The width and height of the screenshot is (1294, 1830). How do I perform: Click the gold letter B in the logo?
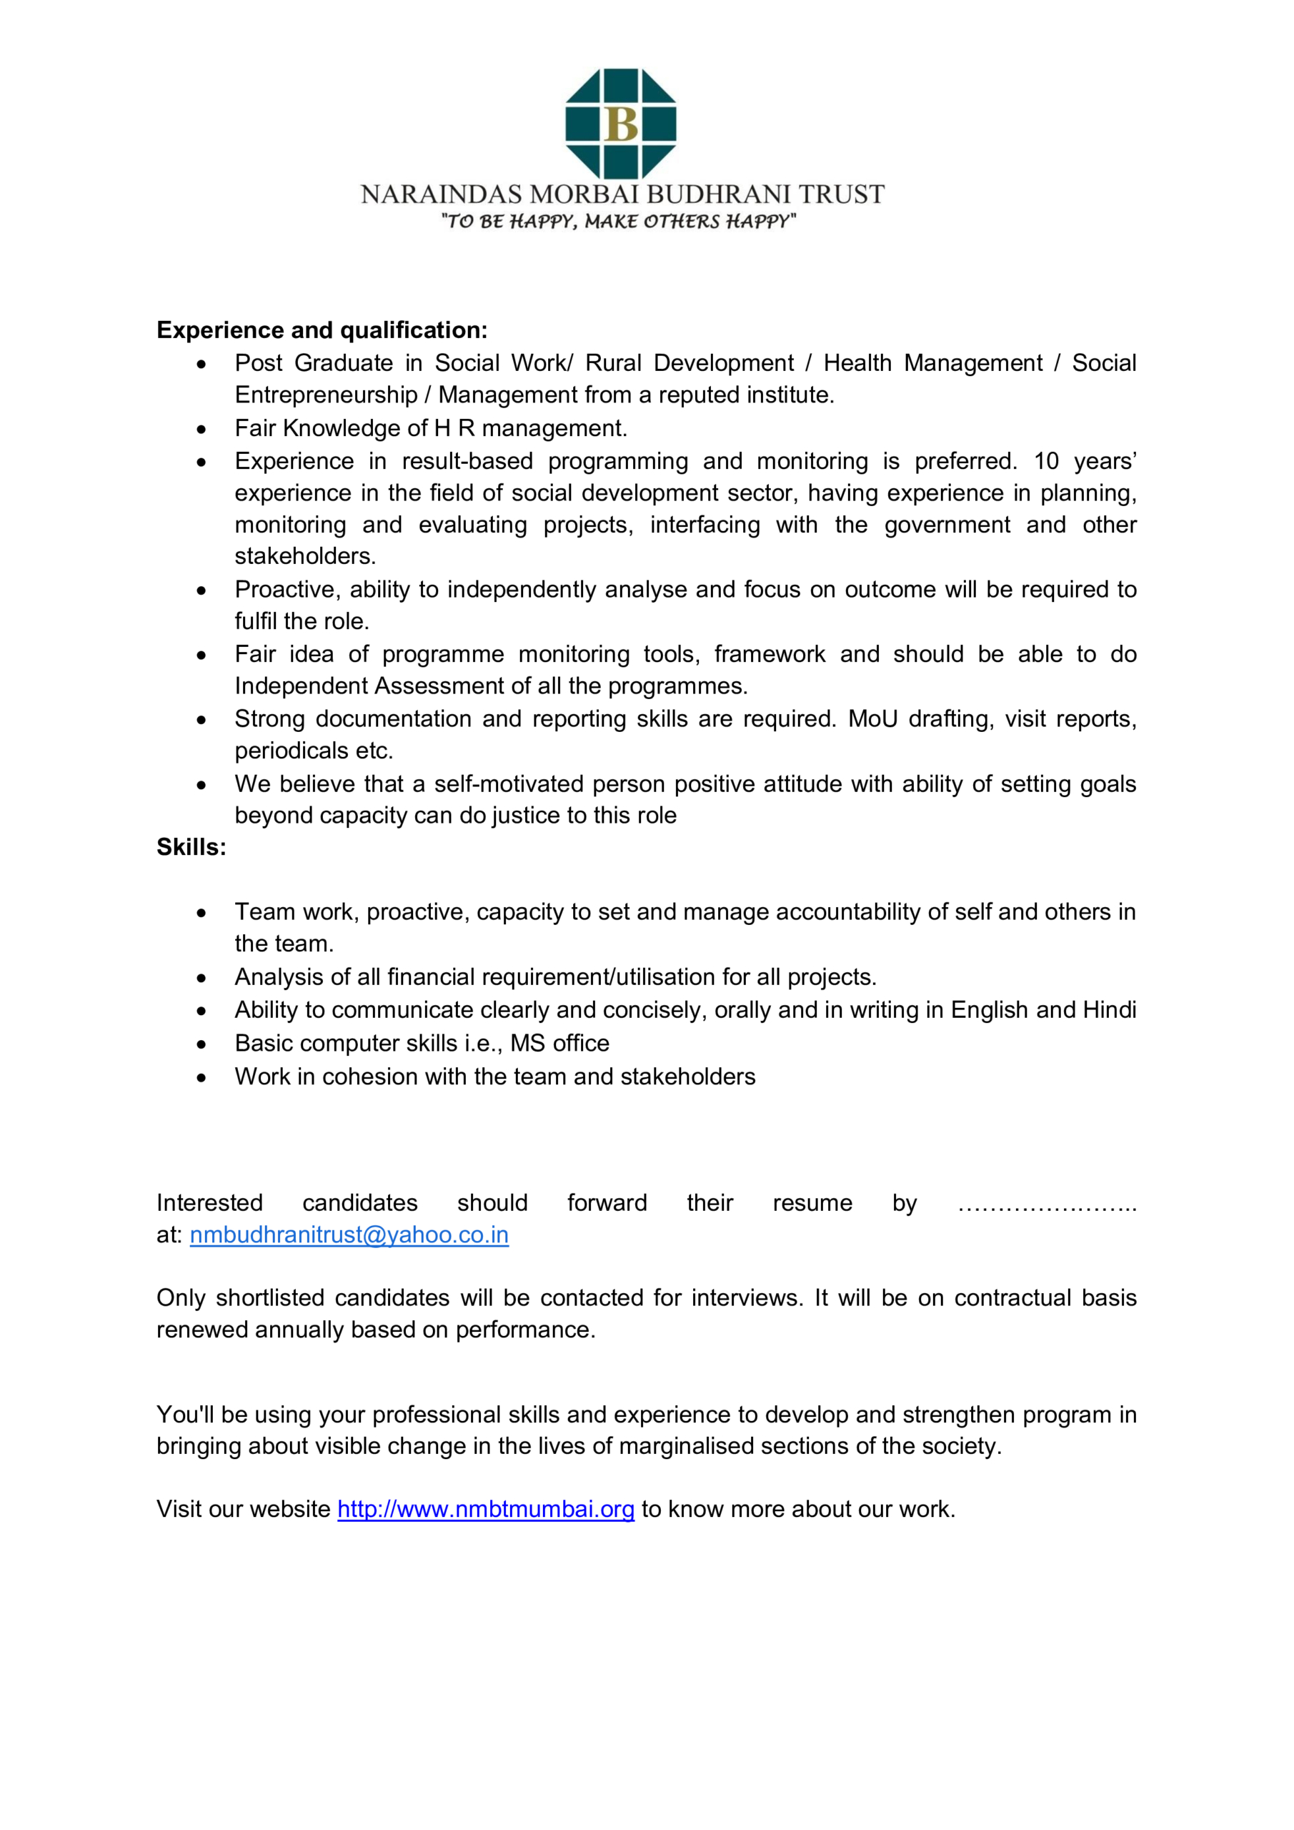(621, 124)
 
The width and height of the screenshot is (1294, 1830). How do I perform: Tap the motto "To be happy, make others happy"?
(619, 221)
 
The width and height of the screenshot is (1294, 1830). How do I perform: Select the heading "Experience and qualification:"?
(322, 330)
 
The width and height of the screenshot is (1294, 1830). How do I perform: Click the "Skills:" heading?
(191, 847)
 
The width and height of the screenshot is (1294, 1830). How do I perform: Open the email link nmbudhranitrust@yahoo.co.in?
(349, 1235)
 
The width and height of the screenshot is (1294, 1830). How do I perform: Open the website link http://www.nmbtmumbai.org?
(486, 1509)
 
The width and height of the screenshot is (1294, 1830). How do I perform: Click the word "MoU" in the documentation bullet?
(872, 718)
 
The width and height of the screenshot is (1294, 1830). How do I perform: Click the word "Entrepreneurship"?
(326, 395)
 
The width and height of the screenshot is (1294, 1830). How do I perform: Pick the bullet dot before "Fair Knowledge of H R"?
(201, 430)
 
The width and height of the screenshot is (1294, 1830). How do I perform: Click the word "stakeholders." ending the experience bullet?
(305, 555)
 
